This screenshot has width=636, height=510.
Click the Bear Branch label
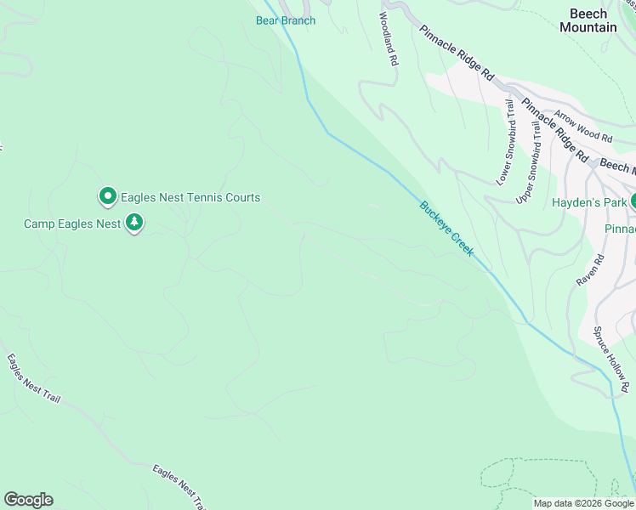(286, 20)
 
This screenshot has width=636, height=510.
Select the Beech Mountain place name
(588, 20)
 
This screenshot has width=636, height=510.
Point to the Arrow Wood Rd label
(582, 125)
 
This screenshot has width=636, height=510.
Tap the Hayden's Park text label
(589, 202)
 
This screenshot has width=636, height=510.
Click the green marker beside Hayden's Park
(633, 201)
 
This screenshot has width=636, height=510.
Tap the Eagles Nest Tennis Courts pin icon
(108, 197)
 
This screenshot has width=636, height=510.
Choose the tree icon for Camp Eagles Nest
(133, 223)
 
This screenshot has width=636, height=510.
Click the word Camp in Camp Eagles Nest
(38, 224)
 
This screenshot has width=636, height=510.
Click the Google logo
(28, 500)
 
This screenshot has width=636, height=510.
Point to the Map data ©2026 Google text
(582, 503)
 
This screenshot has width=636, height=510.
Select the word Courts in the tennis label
(240, 197)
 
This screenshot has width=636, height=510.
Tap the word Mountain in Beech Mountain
(588, 27)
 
